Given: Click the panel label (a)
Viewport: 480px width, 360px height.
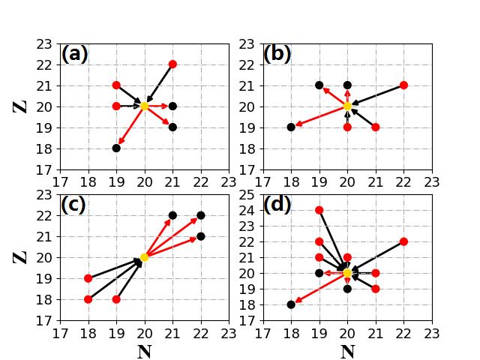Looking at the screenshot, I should tap(74, 54).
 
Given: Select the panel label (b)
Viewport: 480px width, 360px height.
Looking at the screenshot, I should tap(277, 54).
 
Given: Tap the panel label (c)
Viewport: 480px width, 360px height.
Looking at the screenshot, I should tap(73, 205).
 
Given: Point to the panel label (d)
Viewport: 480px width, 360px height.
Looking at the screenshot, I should tap(277, 205).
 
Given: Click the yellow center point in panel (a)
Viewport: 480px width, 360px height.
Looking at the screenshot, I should tap(145, 106).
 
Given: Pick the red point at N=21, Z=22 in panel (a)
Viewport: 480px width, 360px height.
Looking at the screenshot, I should tap(172, 64).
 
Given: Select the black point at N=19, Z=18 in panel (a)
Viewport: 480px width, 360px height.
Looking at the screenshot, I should tap(116, 148).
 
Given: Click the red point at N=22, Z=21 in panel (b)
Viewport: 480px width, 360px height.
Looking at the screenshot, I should tap(403, 85).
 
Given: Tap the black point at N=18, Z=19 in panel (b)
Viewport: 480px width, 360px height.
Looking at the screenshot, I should tap(291, 127).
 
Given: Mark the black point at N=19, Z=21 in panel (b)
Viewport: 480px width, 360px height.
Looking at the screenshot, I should tap(319, 85).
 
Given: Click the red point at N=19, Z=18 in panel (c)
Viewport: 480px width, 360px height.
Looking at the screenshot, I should tap(116, 299).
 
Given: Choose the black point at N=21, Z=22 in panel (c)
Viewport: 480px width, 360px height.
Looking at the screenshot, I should tap(172, 215).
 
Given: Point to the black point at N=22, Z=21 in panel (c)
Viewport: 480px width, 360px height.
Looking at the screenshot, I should tap(201, 236).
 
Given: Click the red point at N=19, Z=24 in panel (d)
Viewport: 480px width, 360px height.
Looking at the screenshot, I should tap(319, 210).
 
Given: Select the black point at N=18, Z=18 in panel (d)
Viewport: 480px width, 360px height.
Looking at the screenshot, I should tap(291, 304).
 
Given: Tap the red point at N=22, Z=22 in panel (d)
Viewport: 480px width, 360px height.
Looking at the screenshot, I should tap(403, 241).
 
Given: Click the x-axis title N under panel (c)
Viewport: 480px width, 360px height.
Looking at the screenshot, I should tap(144, 352).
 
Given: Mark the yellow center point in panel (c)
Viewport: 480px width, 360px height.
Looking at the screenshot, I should tap(145, 257).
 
